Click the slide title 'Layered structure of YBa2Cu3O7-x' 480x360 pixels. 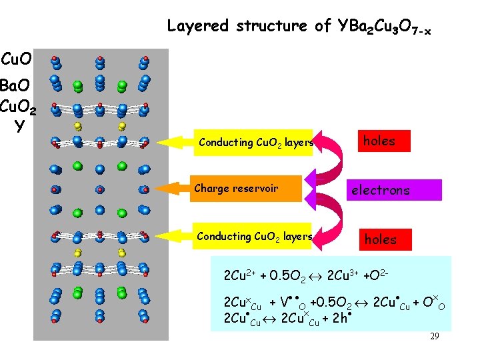coord(299,27)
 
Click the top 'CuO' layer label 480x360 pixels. coord(17,61)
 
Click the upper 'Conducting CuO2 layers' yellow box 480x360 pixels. coord(254,143)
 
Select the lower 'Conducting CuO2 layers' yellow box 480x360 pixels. coord(254,237)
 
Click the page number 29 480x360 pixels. coord(434,337)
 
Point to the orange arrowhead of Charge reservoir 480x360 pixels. coord(175,189)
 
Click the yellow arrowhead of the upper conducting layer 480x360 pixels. coord(175,142)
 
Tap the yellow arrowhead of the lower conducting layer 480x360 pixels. coord(175,236)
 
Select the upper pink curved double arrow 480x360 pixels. coord(331,164)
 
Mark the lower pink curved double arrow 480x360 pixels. coord(331,213)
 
